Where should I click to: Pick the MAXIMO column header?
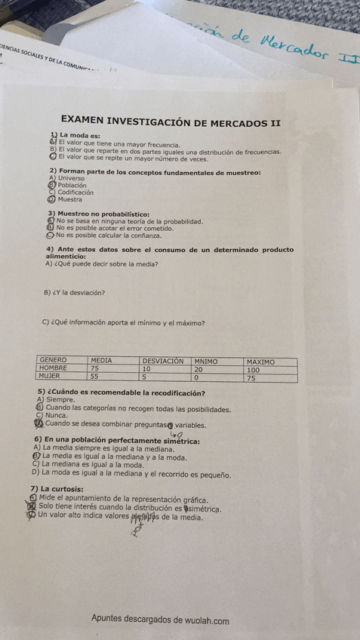[x=260, y=362]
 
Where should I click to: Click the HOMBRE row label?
[x=54, y=368]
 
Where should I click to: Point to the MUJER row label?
[x=50, y=376]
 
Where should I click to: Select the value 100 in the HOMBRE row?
[x=253, y=370]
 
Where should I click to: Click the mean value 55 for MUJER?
[x=94, y=376]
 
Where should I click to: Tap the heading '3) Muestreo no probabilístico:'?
[x=98, y=214]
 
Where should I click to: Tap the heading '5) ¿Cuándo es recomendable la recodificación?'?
[x=122, y=393]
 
